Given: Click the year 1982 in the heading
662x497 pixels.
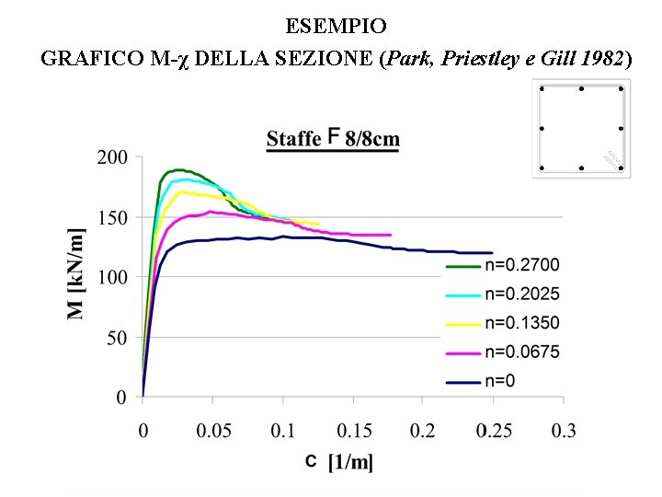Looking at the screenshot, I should (x=603, y=59).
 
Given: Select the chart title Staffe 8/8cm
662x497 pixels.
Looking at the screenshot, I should (x=333, y=140).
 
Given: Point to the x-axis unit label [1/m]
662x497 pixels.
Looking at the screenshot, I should (x=351, y=462).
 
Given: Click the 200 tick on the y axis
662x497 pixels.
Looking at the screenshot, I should (x=112, y=157).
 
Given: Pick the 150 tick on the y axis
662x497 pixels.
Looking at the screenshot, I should (x=112, y=217).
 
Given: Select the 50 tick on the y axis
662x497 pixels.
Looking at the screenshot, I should (x=116, y=338).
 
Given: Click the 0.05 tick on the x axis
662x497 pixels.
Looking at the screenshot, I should (x=212, y=431).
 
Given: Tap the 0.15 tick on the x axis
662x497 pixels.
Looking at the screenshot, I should (x=353, y=431).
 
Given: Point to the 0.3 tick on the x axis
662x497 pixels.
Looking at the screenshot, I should (x=563, y=431).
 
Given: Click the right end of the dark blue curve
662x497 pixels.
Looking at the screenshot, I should (x=492, y=252).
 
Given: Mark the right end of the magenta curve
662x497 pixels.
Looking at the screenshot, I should (x=391, y=235).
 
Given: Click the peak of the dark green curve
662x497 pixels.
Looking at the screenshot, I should (x=177, y=169).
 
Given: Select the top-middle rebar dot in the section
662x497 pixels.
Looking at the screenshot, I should (x=581, y=89).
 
